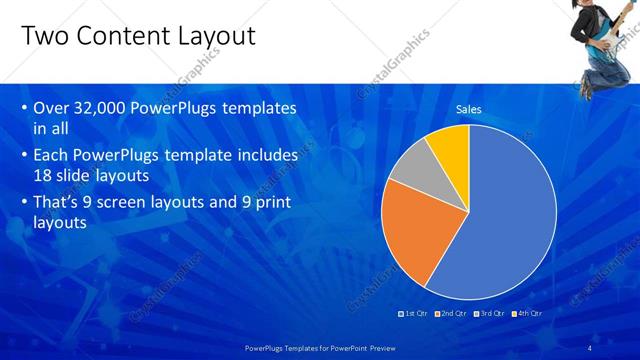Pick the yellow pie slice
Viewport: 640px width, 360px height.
pyautogui.click(x=449, y=145)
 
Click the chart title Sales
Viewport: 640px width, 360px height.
pyautogui.click(x=469, y=109)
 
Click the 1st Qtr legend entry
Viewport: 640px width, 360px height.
pyautogui.click(x=411, y=313)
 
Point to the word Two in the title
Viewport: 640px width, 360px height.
pyautogui.click(x=42, y=37)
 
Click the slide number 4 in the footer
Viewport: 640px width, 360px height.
pyautogui.click(x=590, y=347)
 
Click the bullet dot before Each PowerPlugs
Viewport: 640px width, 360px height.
pyautogui.click(x=23, y=156)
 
